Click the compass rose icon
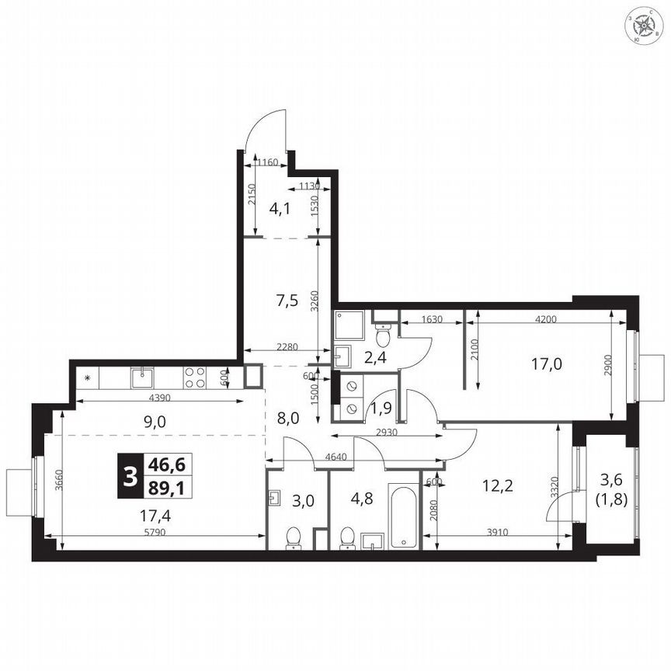click(645, 28)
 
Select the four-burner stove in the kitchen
click(195, 377)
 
